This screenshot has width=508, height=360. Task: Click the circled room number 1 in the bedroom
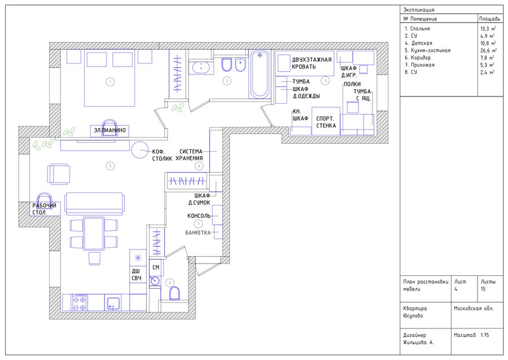(110, 82)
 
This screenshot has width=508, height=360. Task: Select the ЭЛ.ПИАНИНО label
(110, 130)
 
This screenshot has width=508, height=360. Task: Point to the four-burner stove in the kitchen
(80, 302)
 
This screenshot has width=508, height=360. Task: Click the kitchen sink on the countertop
(113, 304)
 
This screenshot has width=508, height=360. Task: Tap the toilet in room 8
(174, 293)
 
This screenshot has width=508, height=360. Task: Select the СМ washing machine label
(156, 267)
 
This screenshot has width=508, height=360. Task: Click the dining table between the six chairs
(94, 234)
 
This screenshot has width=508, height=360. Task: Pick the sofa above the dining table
(95, 204)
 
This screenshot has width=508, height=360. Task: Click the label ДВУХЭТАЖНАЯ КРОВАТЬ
(312, 63)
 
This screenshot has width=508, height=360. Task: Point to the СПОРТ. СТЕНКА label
(326, 122)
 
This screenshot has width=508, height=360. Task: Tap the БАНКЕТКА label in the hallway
(198, 232)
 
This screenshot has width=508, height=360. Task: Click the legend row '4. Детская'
(418, 43)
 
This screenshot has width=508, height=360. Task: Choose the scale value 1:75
(485, 335)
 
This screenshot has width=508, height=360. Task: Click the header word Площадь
(489, 19)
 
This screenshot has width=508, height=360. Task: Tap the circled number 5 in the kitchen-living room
(110, 166)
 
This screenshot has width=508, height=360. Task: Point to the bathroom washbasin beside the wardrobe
(201, 67)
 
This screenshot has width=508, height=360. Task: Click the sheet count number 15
(483, 289)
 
